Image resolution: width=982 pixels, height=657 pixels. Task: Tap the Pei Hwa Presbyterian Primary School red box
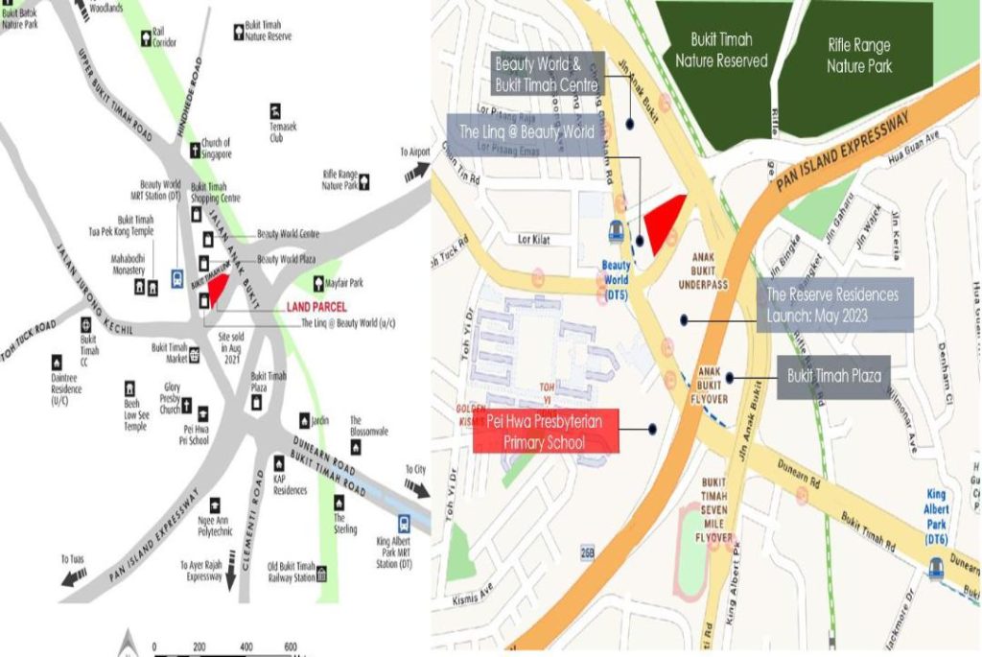coord(546,431)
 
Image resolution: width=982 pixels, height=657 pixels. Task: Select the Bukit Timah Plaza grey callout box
coord(833,376)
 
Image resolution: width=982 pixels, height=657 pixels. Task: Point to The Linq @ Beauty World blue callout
coord(526,132)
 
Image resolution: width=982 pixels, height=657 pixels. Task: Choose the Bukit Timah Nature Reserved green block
coord(721,50)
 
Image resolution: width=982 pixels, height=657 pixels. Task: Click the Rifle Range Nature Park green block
coord(859,56)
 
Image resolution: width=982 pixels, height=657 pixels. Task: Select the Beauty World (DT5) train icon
coord(617,231)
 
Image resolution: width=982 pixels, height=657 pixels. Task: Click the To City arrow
coord(416,488)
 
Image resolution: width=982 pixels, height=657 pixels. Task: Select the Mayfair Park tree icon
coord(318,283)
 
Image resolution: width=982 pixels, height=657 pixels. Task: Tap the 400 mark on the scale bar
coord(246,647)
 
